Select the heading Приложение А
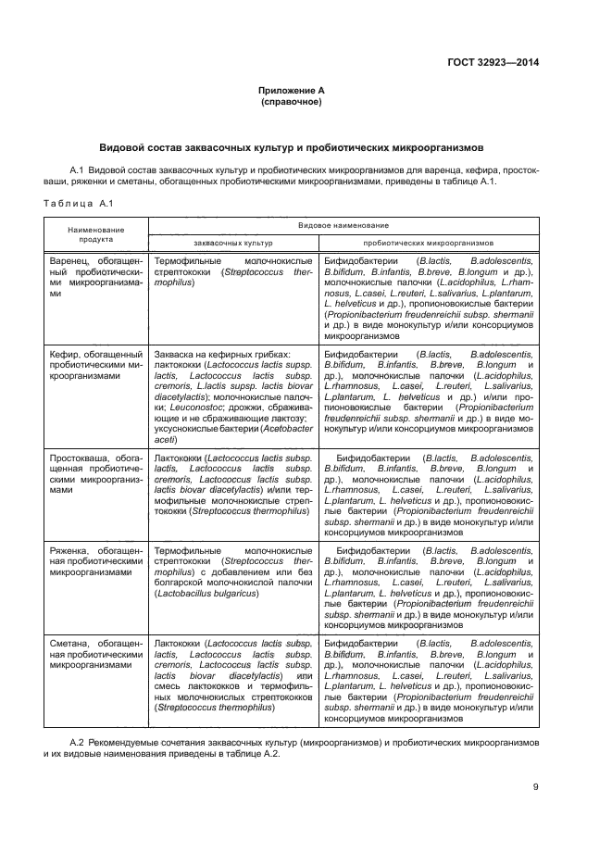pos(291,90)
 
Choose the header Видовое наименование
pos(343,225)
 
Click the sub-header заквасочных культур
pos(232,242)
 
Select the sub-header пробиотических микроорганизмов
pos(428,242)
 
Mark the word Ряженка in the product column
pos(71,550)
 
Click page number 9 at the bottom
pos(536,787)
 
